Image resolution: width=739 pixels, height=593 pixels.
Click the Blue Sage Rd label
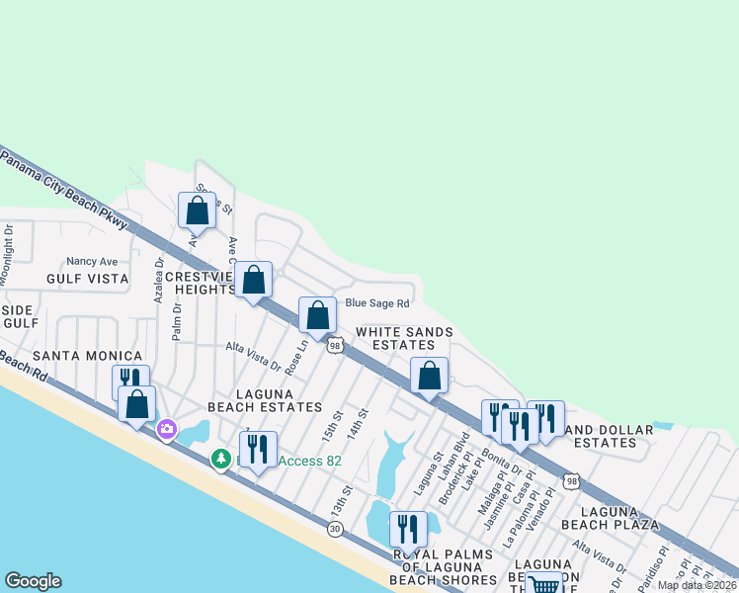(376, 303)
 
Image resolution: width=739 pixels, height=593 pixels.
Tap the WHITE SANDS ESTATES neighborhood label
(404, 338)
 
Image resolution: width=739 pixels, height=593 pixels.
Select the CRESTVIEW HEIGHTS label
(198, 283)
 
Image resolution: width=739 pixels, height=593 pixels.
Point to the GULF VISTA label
(87, 279)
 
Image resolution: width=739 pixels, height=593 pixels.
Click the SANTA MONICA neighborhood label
(87, 355)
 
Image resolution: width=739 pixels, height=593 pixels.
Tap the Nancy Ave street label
(92, 262)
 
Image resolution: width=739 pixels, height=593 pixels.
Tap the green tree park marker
(221, 459)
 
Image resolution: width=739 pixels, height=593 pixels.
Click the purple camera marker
(166, 429)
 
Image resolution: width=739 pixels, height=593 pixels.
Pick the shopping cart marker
(543, 583)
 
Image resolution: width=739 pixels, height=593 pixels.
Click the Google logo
(33, 581)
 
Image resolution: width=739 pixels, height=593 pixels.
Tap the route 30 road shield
(335, 529)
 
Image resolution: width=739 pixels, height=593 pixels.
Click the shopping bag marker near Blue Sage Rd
(317, 316)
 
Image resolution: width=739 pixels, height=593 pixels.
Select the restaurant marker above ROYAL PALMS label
(407, 529)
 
